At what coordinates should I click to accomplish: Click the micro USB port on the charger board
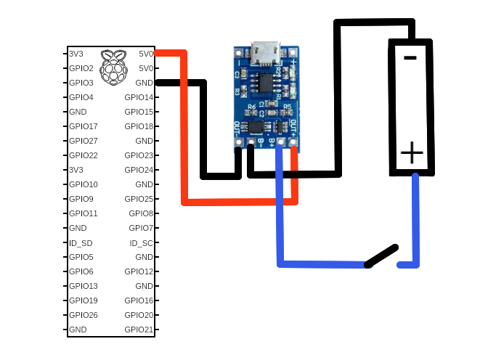tap(267, 52)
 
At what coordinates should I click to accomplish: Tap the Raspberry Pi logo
tap(111, 66)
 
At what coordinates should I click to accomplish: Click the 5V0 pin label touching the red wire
tap(146, 54)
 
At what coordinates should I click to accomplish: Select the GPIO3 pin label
tap(81, 83)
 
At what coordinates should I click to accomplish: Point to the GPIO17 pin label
tap(84, 126)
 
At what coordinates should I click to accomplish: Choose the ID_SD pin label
tap(81, 242)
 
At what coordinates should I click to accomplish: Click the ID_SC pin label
tap(141, 242)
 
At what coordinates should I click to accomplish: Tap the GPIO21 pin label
tap(139, 330)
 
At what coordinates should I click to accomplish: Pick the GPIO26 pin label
tap(84, 315)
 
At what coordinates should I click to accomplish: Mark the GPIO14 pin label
tap(139, 97)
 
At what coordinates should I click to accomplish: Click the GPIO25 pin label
tap(139, 199)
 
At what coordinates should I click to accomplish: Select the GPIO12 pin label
tap(139, 271)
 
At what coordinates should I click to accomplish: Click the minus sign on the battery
tap(410, 57)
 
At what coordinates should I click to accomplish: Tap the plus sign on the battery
tap(412, 153)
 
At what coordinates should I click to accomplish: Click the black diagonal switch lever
tap(381, 256)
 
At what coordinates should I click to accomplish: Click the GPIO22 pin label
tap(84, 155)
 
